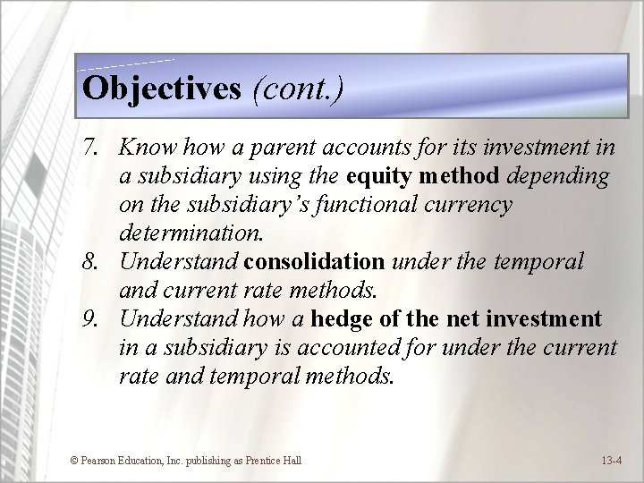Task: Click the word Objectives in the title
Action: (161, 88)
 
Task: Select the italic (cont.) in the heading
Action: (297, 88)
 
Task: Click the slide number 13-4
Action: (612, 461)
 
